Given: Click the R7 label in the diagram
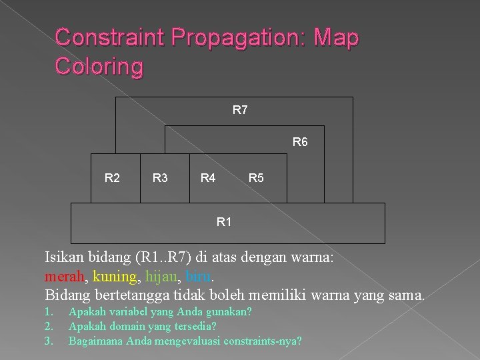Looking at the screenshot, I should click(x=240, y=110).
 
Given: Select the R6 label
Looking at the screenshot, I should click(x=300, y=142).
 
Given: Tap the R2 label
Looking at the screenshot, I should click(x=113, y=178).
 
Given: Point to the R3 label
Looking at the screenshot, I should click(x=160, y=178).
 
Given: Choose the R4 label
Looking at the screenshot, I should click(x=208, y=178).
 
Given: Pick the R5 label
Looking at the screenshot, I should click(x=256, y=178).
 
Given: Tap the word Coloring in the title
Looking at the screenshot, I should click(x=99, y=67).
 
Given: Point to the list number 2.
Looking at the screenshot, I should click(x=49, y=326).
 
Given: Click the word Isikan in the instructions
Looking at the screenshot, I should click(x=65, y=257).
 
